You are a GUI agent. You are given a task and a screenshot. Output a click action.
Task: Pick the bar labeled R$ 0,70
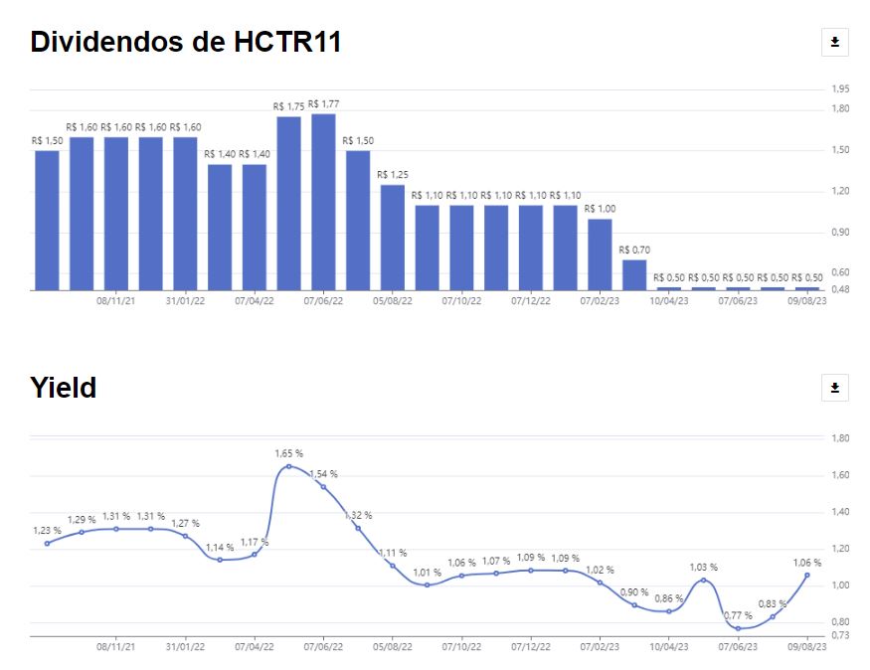[634, 274]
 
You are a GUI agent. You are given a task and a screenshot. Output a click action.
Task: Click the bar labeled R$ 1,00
[600, 253]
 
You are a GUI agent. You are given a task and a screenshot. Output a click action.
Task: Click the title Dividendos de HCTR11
[186, 42]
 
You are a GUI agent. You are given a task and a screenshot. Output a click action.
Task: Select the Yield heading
[64, 387]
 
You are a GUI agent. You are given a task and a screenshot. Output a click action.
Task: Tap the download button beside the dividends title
[835, 42]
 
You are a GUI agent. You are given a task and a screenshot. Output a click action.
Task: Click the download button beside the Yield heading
[835, 388]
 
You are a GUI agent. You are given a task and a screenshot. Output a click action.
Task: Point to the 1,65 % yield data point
[288, 466]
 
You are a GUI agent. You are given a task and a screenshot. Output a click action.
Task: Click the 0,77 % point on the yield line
[738, 628]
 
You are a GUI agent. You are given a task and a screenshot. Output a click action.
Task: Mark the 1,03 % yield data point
[703, 580]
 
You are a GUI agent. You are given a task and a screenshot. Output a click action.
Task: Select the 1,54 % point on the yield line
[323, 486]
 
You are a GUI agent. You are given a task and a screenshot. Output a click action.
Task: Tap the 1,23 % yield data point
[47, 543]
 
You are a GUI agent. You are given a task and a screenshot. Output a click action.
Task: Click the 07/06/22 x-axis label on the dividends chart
[323, 299]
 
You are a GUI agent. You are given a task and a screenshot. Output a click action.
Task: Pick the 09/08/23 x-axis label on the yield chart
[806, 645]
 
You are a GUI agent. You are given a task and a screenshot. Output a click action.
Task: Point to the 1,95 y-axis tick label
[841, 89]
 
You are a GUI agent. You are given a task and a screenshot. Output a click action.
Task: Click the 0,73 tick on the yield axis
[841, 634]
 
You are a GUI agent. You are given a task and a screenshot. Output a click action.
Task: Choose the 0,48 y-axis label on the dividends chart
[841, 289]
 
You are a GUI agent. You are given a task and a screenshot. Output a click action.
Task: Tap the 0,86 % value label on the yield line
[669, 598]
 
